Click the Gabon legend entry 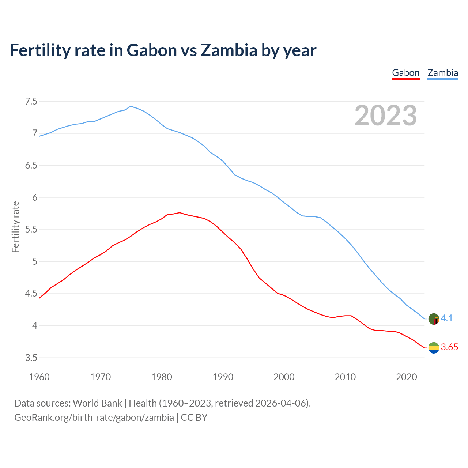(x=405, y=73)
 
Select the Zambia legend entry (x=443, y=73)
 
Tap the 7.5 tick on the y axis (x=31, y=101)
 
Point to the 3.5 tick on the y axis (x=31, y=358)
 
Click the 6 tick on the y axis (x=35, y=197)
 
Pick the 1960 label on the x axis (x=39, y=377)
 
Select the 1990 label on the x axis (x=223, y=377)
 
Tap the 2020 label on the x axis (x=406, y=377)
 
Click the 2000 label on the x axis (x=284, y=377)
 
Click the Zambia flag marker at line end (x=434, y=319)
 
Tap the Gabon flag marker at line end (x=434, y=348)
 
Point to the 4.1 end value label (x=447, y=318)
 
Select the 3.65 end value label (x=449, y=347)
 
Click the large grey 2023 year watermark (x=386, y=116)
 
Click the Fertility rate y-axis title (x=15, y=227)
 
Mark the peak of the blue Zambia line (x=131, y=106)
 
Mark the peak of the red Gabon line (x=180, y=212)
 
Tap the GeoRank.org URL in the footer (x=94, y=418)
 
